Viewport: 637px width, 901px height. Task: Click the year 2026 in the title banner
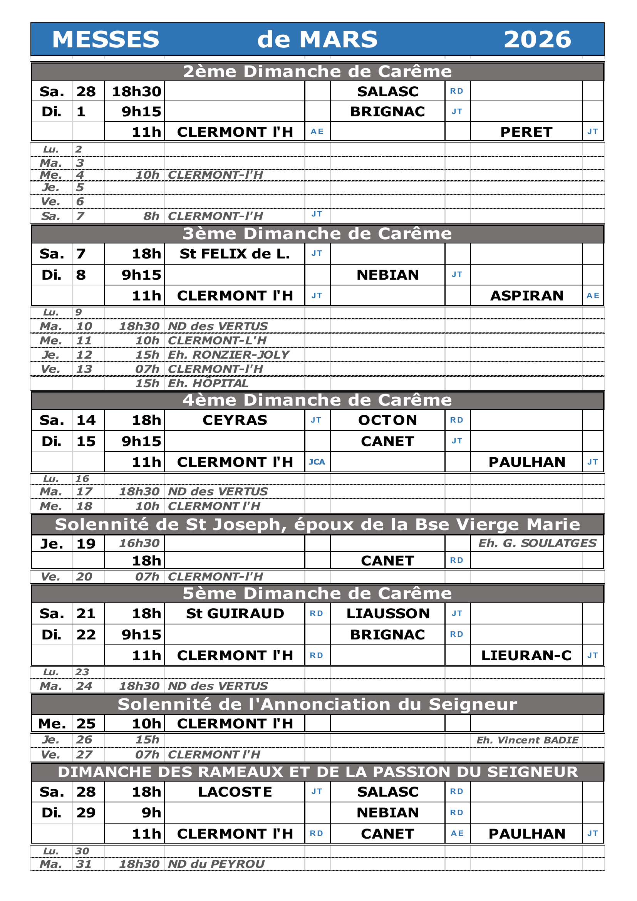pos(537,40)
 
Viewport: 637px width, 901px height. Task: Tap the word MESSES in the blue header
pos(106,40)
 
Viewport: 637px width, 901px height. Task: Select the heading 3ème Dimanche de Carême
pos(317,233)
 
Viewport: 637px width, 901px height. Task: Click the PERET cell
pos(526,132)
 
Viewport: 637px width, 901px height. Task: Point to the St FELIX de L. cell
pos(235,254)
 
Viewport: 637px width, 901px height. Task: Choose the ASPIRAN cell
pos(526,295)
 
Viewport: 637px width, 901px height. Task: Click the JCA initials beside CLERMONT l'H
pos(317,462)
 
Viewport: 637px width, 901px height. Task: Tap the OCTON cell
pos(387,420)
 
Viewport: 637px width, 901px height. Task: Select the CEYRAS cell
pos(235,420)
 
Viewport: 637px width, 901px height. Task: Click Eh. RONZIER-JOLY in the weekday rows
pos(228,355)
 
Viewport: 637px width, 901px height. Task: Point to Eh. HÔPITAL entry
pos(208,383)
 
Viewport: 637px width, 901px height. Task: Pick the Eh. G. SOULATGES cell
pos(537,543)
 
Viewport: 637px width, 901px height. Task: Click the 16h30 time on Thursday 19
pos(139,543)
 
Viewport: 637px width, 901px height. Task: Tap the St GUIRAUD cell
pos(235,613)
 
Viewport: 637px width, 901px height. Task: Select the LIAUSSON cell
pos(387,613)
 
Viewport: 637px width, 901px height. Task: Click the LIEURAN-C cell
pos(526,655)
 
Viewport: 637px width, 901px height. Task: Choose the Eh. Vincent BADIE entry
pos(527,740)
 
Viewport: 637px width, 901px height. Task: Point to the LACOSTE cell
pos(235,792)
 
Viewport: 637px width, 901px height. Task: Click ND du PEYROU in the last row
pos(216,864)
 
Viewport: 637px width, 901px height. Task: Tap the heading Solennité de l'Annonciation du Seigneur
pos(317,705)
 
